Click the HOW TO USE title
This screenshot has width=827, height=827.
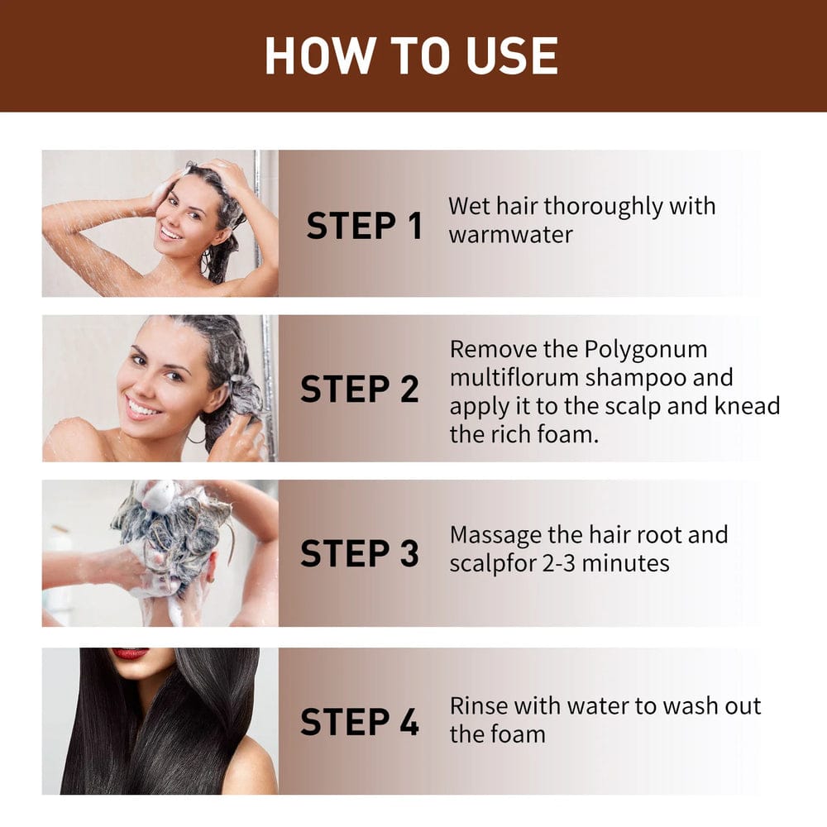tap(411, 56)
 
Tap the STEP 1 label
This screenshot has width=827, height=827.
tap(365, 226)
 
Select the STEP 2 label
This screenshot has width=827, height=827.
tap(360, 390)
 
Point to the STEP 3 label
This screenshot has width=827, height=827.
tap(360, 554)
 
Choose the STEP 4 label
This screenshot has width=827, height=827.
tap(360, 721)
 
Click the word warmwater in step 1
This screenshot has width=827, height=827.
tap(510, 234)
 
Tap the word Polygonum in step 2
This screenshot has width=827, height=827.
tap(646, 349)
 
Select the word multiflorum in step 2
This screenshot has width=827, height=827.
tap(514, 378)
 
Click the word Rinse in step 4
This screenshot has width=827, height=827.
tap(479, 706)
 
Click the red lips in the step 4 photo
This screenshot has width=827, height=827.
tap(130, 653)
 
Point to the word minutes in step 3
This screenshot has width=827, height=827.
tap(628, 563)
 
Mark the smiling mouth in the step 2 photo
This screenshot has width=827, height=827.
tap(142, 408)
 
